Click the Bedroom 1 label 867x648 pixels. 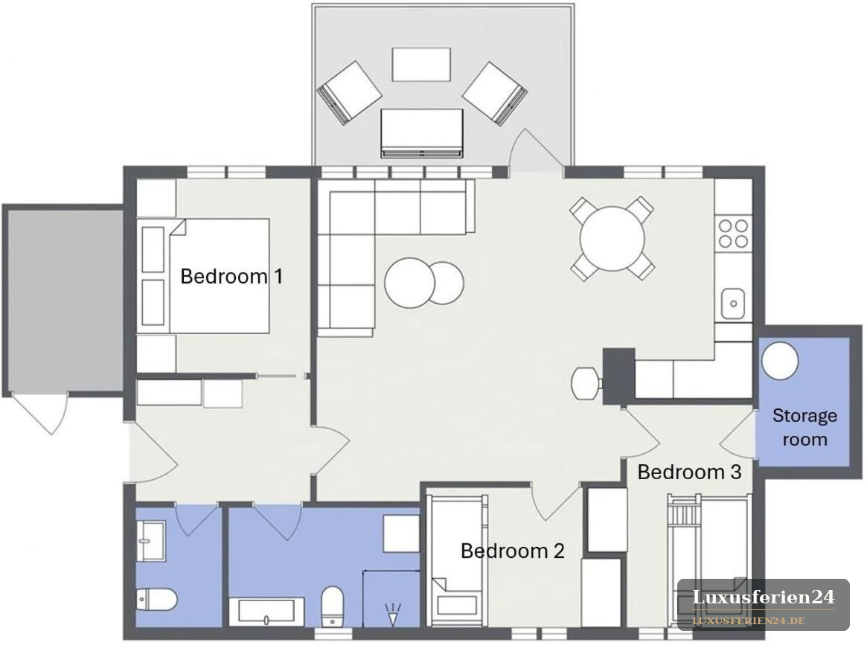(x=231, y=276)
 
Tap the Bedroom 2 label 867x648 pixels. (x=513, y=551)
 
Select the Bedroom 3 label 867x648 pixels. (x=689, y=472)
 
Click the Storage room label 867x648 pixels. (x=804, y=427)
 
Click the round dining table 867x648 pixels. (x=612, y=238)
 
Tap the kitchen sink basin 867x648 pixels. (x=733, y=304)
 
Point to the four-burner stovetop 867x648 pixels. (x=733, y=234)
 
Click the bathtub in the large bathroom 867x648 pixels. (x=271, y=612)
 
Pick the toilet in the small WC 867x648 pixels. (x=156, y=600)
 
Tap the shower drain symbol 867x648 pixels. (x=393, y=615)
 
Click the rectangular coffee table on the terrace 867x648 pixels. (x=421, y=65)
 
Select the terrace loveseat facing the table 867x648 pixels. (x=421, y=133)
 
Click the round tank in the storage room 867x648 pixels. (x=780, y=361)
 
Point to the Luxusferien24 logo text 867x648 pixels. (x=764, y=597)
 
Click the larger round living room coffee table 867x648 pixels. (x=410, y=283)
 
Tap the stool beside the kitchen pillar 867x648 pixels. (x=586, y=383)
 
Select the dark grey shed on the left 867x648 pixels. (x=63, y=301)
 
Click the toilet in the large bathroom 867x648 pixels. (x=332, y=606)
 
